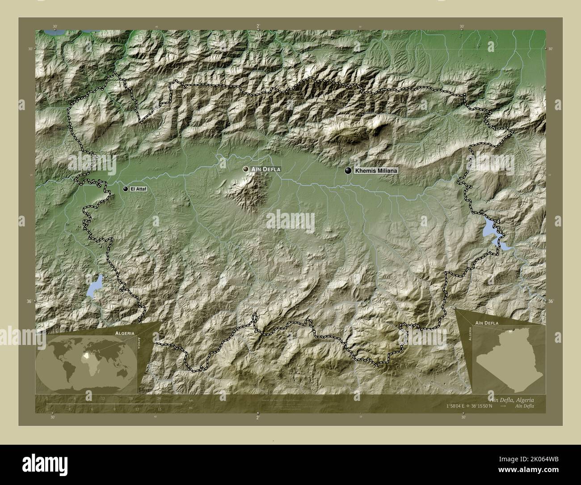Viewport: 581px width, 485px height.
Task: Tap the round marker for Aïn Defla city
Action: tap(245, 169)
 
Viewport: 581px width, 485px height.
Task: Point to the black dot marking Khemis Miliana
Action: tap(347, 170)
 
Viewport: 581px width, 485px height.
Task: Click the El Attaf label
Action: tap(138, 190)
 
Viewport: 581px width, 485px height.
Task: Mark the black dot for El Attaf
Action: tap(126, 189)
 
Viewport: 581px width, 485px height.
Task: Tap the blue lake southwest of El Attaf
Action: tap(95, 286)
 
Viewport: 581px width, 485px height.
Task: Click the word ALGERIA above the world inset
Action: tap(120, 333)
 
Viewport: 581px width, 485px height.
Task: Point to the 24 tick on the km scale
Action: tap(159, 399)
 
